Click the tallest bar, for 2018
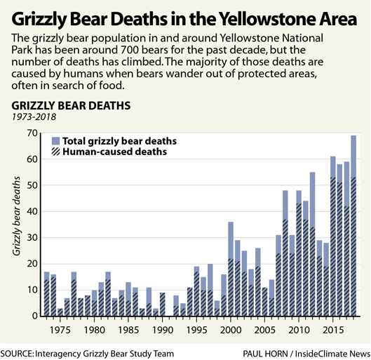[353, 225]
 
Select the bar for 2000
[231, 269]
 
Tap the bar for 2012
[312, 244]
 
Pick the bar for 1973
[46, 294]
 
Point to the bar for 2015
[333, 236]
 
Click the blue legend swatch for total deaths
[55, 141]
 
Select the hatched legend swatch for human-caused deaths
[55, 152]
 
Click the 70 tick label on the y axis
[32, 133]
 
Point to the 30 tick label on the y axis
[32, 238]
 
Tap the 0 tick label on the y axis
[35, 316]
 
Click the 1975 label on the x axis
[60, 330]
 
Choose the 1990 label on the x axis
[162, 330]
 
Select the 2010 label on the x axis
[299, 330]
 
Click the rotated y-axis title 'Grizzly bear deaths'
[17, 216]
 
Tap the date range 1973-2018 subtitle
[34, 116]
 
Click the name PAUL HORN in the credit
[265, 354]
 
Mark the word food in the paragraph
[112, 86]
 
